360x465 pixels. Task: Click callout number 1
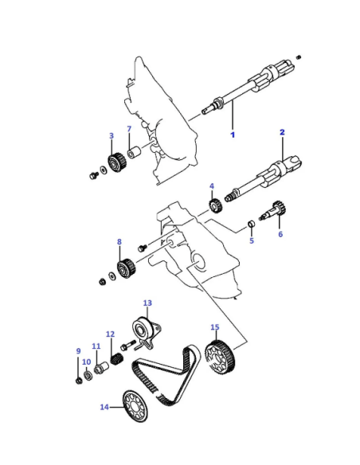coord(233,135)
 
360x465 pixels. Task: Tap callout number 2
coord(282,132)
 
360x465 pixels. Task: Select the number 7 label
coord(129,129)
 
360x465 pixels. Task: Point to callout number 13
coord(147,303)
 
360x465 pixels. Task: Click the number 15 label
coord(215,327)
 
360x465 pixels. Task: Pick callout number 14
coord(104,407)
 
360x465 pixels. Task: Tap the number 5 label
coord(252,240)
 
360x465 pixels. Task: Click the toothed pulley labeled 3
coord(116,162)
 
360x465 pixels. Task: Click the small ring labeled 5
coord(252,223)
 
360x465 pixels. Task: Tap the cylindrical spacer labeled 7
coord(134,151)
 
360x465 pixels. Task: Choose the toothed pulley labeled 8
coord(126,268)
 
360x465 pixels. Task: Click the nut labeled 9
coord(79,381)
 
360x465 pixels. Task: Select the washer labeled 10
coord(88,374)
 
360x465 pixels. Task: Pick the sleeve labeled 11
coord(101,369)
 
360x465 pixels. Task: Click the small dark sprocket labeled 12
coord(116,359)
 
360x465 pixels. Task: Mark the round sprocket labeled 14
coord(135,406)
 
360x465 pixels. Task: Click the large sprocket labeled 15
coord(220,358)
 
